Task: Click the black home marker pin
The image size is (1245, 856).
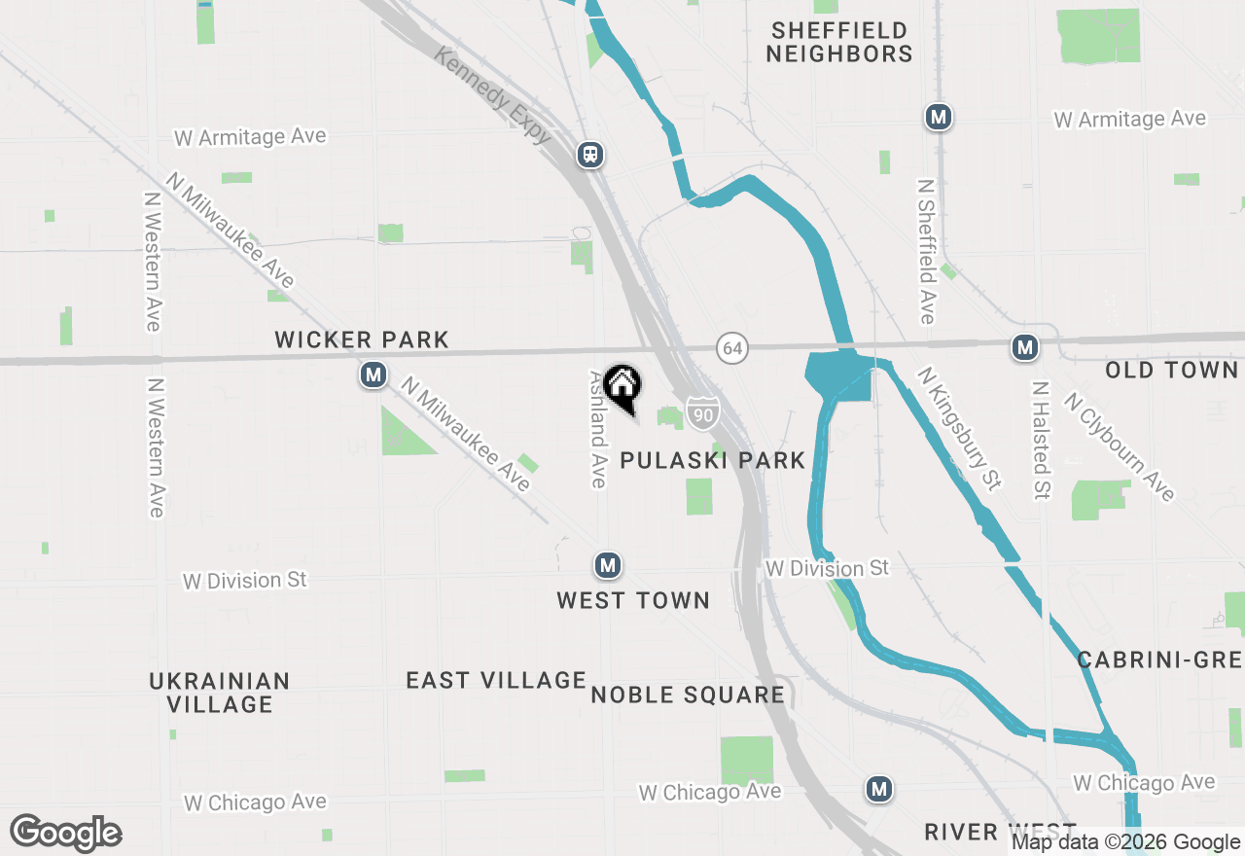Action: (x=622, y=386)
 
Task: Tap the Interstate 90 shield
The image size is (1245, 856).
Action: (x=701, y=413)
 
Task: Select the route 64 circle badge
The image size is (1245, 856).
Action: (x=732, y=347)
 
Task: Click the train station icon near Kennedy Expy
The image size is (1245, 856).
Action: (x=589, y=155)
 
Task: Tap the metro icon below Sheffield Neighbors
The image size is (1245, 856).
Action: (x=938, y=117)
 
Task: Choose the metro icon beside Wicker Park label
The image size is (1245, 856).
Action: (x=373, y=374)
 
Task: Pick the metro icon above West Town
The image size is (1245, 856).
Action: (x=608, y=564)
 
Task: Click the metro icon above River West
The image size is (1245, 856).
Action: (x=879, y=788)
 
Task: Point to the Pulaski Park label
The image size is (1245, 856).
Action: (x=713, y=460)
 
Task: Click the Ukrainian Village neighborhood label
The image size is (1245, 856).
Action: (x=220, y=692)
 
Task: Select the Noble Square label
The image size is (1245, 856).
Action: (x=688, y=695)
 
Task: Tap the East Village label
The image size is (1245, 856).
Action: (x=496, y=680)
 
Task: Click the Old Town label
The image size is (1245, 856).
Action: (x=1171, y=370)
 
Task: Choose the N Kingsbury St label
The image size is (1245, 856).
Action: (x=959, y=428)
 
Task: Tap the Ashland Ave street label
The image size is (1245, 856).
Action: (x=597, y=428)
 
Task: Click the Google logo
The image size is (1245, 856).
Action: (x=65, y=833)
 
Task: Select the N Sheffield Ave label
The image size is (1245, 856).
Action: (x=926, y=251)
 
